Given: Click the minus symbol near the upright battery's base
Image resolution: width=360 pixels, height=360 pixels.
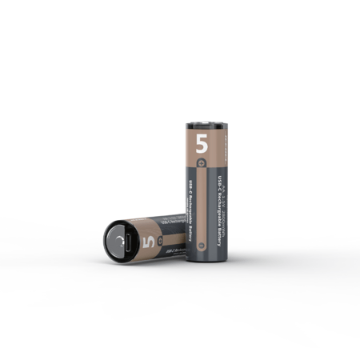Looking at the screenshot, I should tap(202, 245).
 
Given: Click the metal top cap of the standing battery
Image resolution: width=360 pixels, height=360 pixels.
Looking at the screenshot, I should tap(206, 125).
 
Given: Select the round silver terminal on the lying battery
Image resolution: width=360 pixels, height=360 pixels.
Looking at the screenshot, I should tap(118, 242).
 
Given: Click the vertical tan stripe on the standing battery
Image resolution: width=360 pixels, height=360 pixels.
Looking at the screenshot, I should tap(202, 208).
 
